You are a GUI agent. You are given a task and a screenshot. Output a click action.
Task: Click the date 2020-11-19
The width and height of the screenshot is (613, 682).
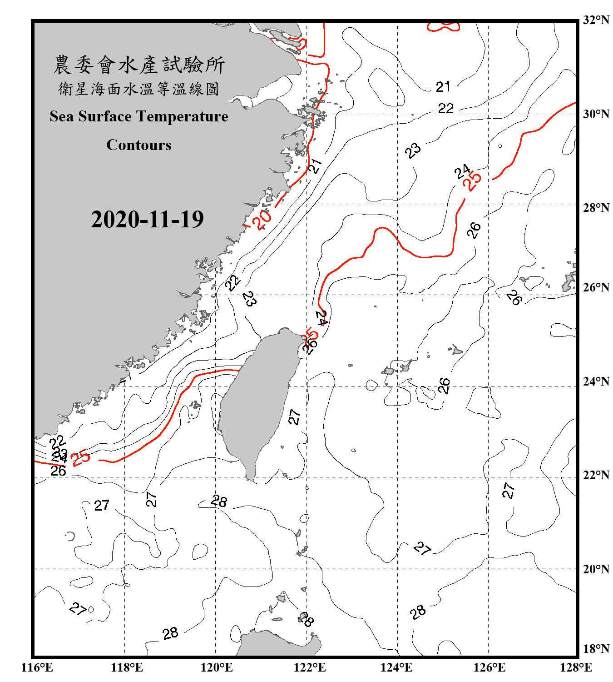click(147, 219)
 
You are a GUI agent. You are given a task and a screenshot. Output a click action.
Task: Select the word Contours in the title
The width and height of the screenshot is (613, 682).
click(139, 145)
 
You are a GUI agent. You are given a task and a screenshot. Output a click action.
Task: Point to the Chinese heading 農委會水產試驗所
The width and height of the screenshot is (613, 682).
click(139, 65)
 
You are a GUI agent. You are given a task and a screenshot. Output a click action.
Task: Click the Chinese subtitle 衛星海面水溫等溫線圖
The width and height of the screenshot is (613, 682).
click(138, 89)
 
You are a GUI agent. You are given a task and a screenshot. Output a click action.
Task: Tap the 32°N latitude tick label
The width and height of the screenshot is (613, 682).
click(596, 20)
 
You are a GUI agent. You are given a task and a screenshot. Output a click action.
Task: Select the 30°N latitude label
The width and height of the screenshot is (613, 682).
click(596, 114)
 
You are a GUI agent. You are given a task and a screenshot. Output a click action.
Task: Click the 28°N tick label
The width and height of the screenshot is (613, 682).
click(596, 207)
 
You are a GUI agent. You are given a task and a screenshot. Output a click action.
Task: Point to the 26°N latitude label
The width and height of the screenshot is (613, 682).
click(596, 287)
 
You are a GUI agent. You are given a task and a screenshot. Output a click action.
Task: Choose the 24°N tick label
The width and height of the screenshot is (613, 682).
click(596, 381)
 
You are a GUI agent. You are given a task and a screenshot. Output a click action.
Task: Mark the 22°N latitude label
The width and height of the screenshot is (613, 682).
click(596, 475)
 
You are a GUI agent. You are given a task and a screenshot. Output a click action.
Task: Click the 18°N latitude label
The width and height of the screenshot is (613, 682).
click(596, 648)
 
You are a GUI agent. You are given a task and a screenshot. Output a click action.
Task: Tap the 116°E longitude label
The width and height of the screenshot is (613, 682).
click(37, 667)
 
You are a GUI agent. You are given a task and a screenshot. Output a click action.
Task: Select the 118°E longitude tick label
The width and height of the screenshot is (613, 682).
click(127, 667)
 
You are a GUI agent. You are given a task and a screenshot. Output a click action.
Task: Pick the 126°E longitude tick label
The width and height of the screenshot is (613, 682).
click(489, 667)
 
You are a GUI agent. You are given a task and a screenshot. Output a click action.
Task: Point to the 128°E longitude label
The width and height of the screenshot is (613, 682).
click(576, 667)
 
